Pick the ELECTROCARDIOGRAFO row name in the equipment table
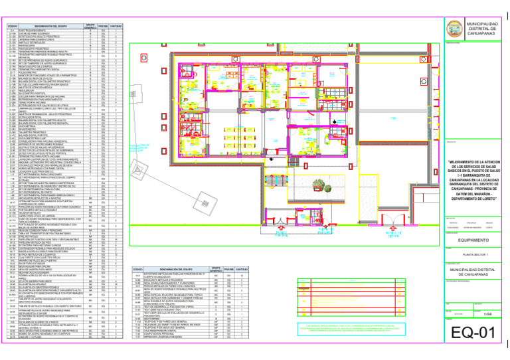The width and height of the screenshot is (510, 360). click(41, 31)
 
